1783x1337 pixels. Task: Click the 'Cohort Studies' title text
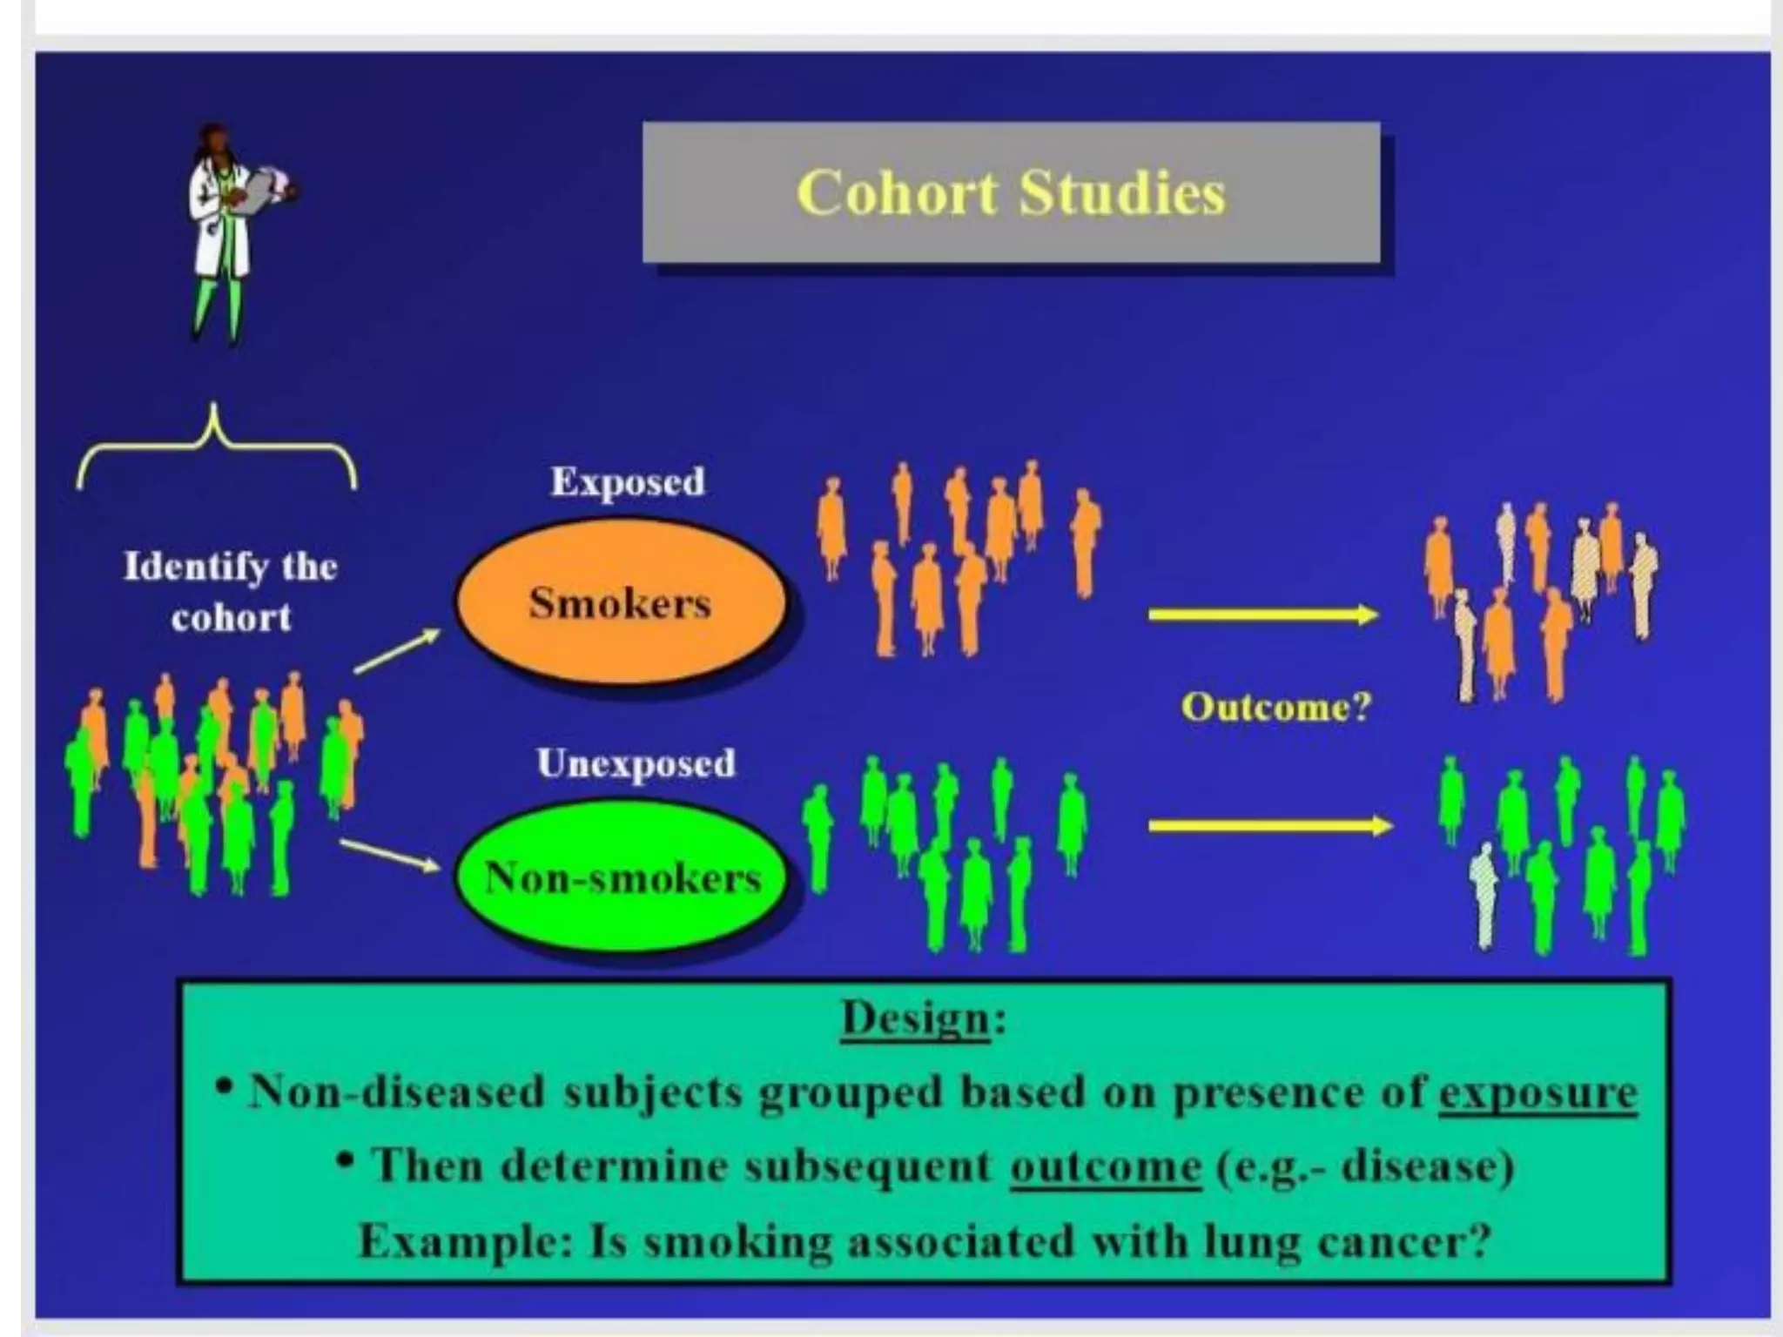point(1011,192)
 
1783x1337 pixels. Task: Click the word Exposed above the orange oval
point(627,481)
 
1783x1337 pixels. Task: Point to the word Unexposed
point(636,763)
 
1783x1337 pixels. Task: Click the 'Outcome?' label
point(1275,706)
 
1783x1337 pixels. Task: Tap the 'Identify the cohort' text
point(231,591)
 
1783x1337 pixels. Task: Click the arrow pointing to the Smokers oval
point(397,651)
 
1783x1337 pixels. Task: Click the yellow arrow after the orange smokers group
point(1262,615)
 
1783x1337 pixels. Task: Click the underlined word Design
point(915,1018)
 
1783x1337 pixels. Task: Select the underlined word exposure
point(1537,1092)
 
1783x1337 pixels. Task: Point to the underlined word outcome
point(1105,1166)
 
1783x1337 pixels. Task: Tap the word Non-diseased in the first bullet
point(396,1092)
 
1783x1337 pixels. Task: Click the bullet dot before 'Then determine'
point(346,1159)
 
